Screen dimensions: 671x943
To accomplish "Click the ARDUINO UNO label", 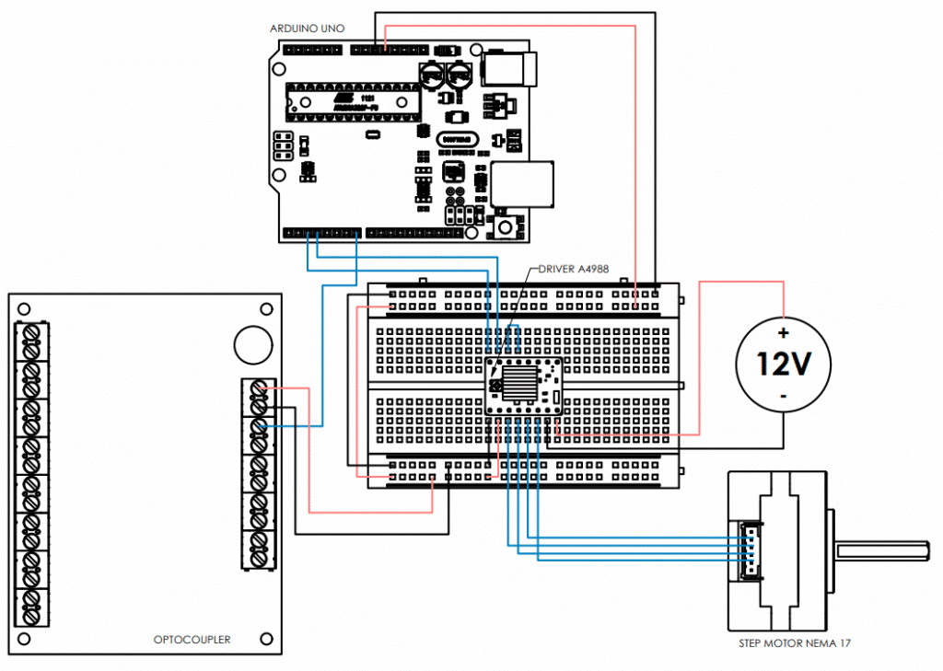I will (308, 29).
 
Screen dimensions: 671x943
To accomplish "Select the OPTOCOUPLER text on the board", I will (192, 640).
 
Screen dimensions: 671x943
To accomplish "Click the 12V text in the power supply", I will (783, 364).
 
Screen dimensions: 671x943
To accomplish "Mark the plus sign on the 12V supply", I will (784, 332).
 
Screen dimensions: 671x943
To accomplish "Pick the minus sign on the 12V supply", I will (784, 396).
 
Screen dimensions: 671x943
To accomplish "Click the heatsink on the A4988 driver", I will (522, 381).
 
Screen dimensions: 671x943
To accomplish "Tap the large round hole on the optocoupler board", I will (251, 343).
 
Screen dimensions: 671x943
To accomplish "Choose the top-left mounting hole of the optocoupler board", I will (25, 309).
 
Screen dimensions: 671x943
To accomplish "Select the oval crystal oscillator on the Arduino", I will (458, 138).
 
